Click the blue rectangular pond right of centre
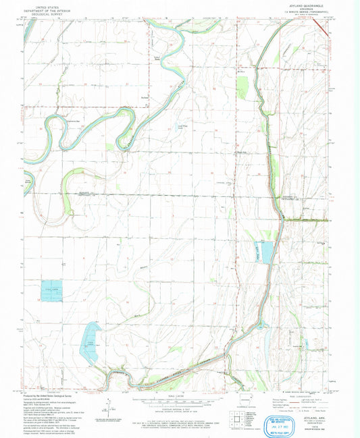263,251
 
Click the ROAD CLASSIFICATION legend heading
297,396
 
